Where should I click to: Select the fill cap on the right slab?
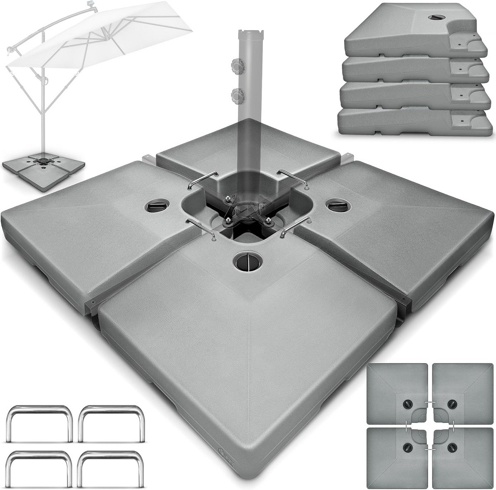pyautogui.click(x=336, y=204)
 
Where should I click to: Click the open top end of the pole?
pyautogui.click(x=249, y=34)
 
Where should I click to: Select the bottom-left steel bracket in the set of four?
pyautogui.click(x=40, y=468)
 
